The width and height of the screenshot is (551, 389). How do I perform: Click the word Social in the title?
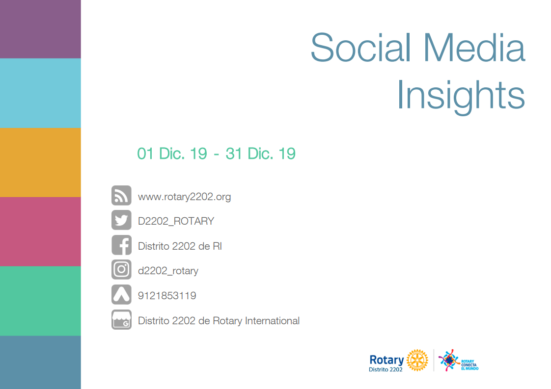[361, 48]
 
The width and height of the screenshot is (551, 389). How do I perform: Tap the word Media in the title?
[474, 48]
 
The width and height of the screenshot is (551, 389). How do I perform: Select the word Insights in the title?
[461, 96]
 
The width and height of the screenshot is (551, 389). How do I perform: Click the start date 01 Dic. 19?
[172, 154]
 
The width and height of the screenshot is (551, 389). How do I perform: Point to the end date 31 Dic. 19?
[260, 154]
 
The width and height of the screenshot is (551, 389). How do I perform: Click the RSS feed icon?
[122, 196]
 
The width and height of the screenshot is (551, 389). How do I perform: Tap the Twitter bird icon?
[122, 220]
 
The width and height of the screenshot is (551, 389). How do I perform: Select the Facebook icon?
[122, 245]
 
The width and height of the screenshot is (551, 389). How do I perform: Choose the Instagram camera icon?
[122, 270]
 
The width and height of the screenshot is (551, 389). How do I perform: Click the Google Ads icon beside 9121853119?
[122, 294]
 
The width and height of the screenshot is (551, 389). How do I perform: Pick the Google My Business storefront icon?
[122, 319]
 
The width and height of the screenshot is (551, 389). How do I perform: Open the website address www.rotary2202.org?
[185, 197]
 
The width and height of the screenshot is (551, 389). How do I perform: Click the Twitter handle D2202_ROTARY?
[176, 221]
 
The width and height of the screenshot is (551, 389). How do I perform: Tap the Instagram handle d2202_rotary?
[168, 271]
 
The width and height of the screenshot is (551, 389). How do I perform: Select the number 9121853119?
[167, 296]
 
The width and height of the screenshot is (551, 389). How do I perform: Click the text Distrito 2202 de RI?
[180, 246]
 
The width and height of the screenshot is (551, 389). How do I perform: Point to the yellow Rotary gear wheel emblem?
[417, 360]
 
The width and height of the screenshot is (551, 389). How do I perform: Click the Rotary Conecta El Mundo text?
[470, 365]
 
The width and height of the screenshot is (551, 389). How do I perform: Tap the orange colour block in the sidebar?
[40, 162]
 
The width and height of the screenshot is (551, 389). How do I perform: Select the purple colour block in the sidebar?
[40, 29]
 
